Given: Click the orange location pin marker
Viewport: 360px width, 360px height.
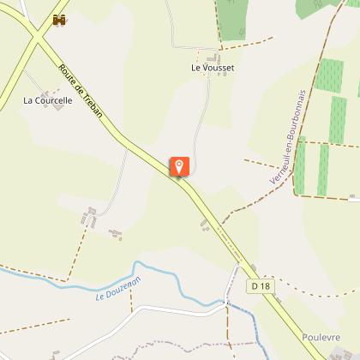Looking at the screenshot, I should [179, 166].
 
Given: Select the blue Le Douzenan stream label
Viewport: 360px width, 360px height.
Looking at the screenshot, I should [118, 284].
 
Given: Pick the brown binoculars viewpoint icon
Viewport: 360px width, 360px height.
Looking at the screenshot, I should [59, 20].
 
